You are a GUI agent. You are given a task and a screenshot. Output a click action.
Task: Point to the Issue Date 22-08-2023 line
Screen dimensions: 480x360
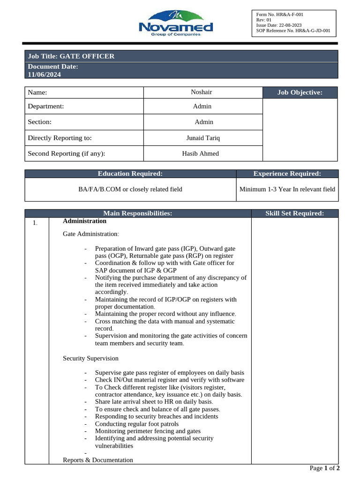pos(279,25)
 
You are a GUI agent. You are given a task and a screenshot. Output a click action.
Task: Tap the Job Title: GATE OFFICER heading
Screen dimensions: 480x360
pos(71,56)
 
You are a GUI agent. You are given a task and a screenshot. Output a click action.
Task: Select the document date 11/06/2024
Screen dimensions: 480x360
pos(44,75)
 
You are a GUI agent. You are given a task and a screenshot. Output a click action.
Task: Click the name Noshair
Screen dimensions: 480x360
pos(202,92)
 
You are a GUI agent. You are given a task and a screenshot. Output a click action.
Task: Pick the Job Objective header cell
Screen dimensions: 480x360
pos(300,92)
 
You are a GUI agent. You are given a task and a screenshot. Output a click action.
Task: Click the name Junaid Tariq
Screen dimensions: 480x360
pos(203,138)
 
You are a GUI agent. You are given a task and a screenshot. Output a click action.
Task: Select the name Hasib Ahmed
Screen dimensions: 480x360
pos(200,153)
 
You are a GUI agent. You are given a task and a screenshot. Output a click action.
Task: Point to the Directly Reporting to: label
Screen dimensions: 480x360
pos(60,138)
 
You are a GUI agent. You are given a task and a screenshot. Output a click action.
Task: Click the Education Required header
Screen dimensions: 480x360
pos(130,173)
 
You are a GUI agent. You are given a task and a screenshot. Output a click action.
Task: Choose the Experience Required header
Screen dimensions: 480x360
pos(287,173)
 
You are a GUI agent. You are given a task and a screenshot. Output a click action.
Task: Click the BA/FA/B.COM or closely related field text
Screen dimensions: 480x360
pos(130,189)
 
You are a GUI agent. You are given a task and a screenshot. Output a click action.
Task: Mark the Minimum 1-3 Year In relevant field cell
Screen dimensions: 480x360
pos(287,189)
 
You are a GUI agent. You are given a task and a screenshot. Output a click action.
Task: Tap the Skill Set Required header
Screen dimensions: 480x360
pos(294,213)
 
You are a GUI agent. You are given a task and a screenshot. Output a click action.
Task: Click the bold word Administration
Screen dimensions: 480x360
pos(84,221)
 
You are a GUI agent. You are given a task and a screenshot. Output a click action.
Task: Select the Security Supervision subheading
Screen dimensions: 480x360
pos(90,358)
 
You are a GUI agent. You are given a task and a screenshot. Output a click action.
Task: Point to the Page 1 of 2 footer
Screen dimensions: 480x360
pos(324,468)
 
